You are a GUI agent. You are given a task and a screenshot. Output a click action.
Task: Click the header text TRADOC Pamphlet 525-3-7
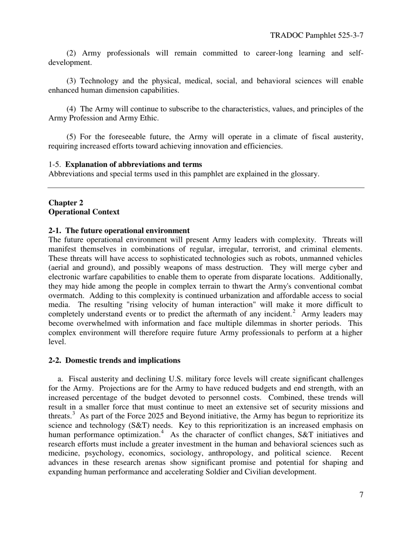316,35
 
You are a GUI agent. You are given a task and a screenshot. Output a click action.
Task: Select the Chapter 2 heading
66,203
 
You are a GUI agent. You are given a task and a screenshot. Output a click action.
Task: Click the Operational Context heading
84,212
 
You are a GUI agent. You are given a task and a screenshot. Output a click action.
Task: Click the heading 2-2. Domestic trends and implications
114,361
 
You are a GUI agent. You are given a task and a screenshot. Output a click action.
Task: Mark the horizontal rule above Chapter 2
206,188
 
